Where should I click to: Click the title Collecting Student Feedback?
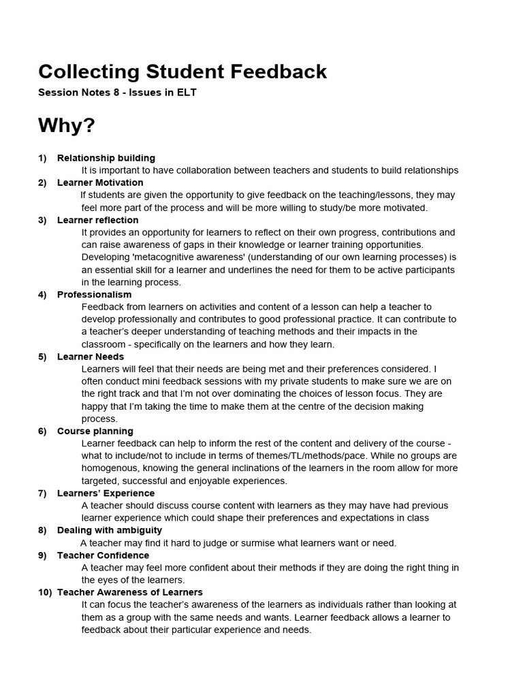[x=183, y=71]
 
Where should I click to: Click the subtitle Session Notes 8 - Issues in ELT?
[x=117, y=93]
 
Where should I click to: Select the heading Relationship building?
[x=106, y=158]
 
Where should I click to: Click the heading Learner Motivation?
[x=100, y=182]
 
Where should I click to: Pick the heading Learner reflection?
[x=97, y=220]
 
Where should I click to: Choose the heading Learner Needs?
[x=91, y=356]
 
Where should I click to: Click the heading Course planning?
[x=95, y=431]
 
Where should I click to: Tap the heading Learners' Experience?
[x=106, y=493]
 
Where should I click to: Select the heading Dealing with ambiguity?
[x=109, y=530]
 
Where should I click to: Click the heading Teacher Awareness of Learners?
[x=129, y=592]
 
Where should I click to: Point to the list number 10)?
[x=45, y=592]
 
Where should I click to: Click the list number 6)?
[x=42, y=431]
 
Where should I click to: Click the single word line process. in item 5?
[x=99, y=419]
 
